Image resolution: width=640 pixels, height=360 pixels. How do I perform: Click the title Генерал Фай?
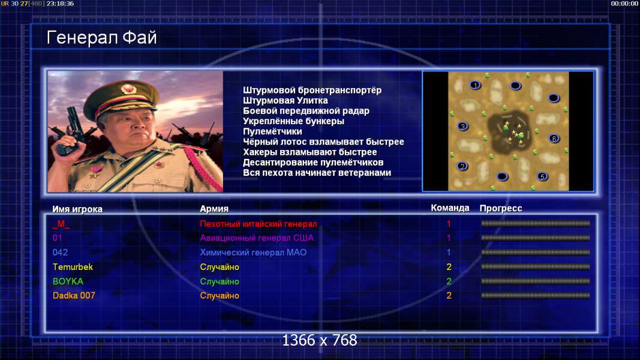click(101, 38)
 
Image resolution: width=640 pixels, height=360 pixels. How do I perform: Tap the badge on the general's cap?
click(129, 89)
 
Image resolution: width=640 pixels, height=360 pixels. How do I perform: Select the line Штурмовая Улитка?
click(286, 100)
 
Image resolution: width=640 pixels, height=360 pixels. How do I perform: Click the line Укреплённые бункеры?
click(293, 121)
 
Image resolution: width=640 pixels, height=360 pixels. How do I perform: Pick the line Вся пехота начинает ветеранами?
click(317, 173)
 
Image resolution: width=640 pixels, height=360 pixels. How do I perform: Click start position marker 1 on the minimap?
click(475, 85)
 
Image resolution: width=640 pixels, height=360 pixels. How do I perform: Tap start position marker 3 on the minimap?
click(462, 126)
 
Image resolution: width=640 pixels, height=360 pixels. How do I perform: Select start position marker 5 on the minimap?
click(542, 176)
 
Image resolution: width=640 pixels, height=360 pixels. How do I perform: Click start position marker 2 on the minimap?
click(462, 166)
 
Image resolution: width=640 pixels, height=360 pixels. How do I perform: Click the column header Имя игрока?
click(77, 209)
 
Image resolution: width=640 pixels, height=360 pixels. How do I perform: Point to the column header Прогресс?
click(501, 208)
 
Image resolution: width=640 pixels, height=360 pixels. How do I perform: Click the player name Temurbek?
click(73, 267)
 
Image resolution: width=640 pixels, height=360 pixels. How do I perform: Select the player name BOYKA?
click(68, 281)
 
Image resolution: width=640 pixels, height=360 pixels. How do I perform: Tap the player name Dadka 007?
click(74, 296)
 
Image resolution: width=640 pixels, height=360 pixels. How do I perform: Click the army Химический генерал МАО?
click(253, 252)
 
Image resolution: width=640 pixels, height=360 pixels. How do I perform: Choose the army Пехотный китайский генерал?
click(259, 224)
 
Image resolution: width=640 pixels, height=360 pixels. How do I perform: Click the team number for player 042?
click(449, 252)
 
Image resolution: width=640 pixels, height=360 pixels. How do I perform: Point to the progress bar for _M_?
click(536, 223)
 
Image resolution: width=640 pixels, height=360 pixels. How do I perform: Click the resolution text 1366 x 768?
click(320, 340)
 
